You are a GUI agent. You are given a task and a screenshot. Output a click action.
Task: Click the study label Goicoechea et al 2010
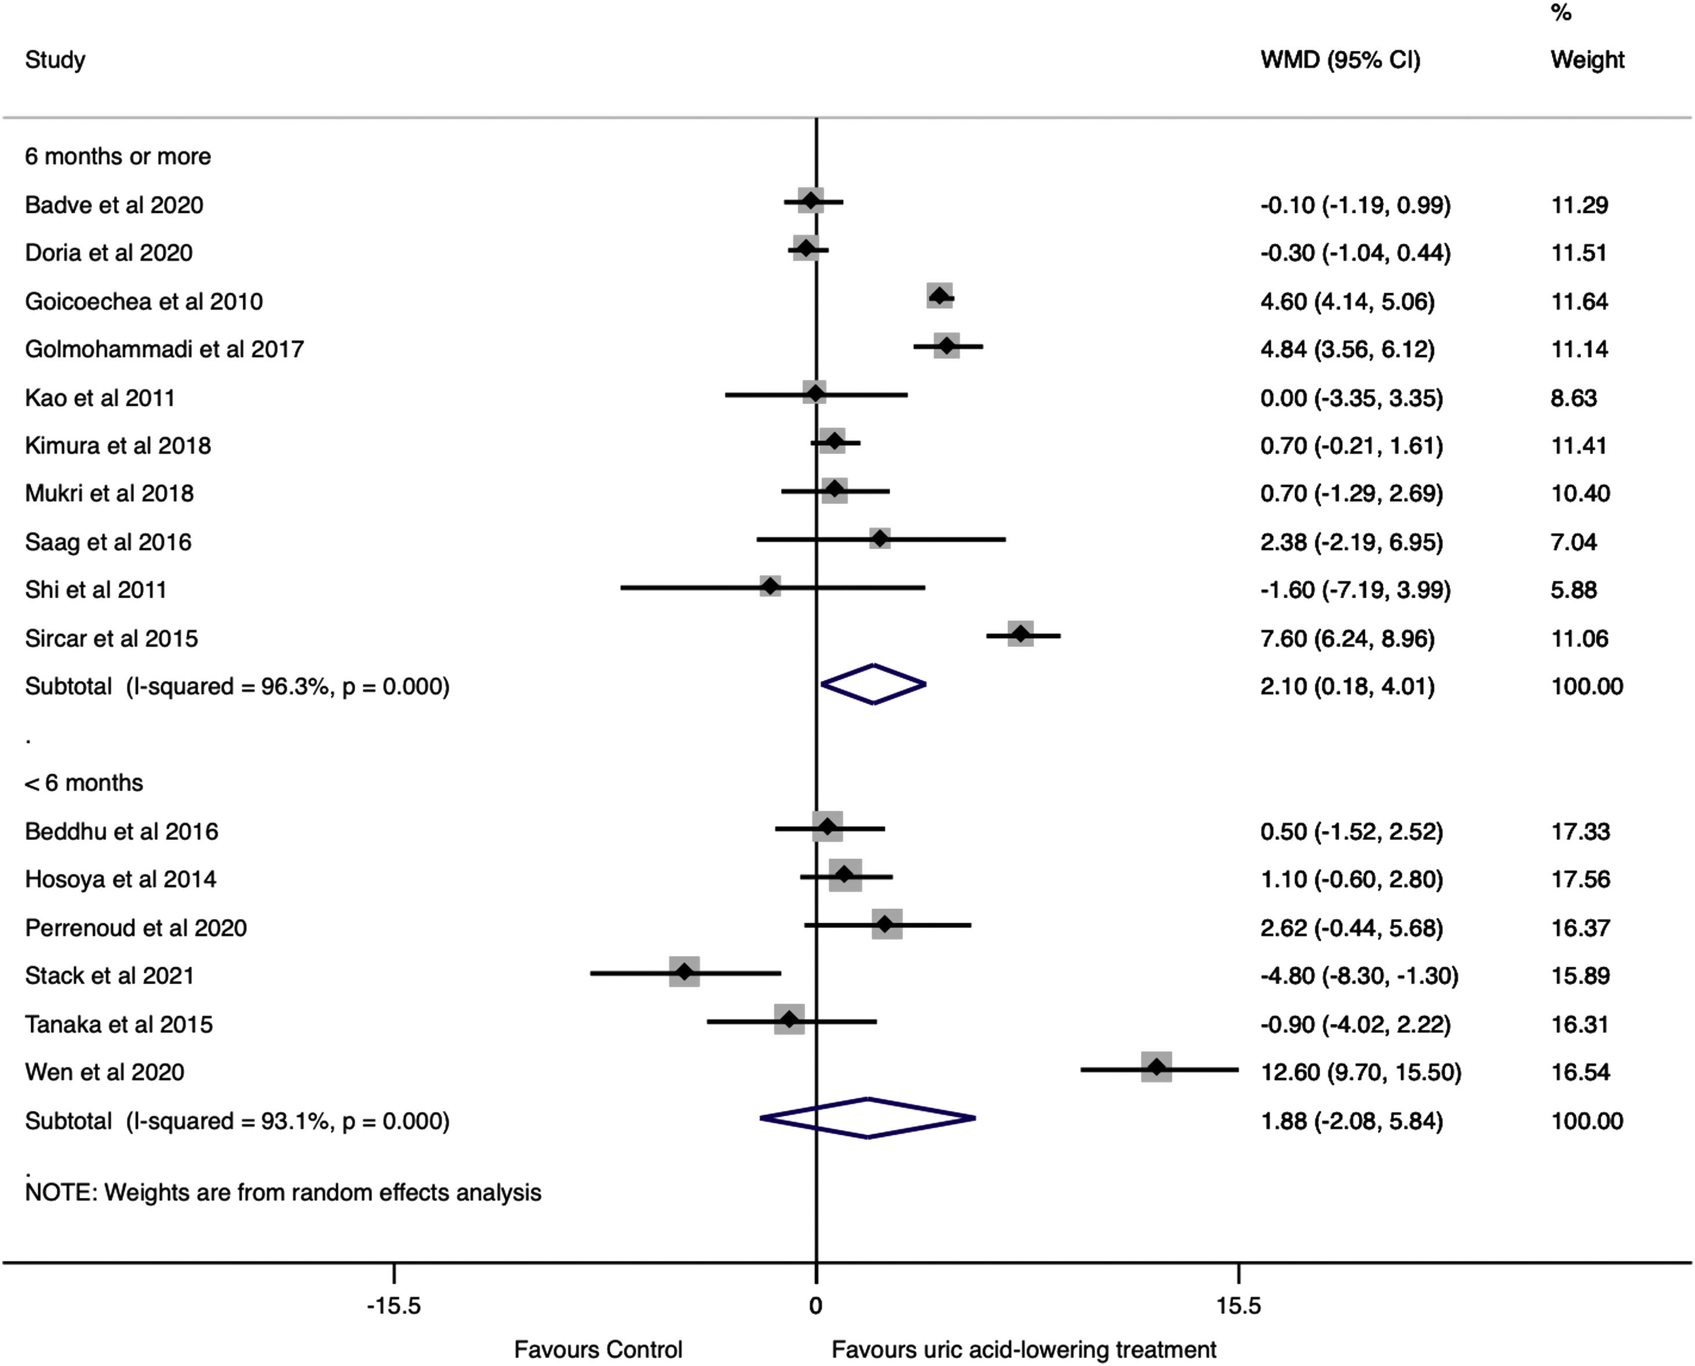tap(144, 301)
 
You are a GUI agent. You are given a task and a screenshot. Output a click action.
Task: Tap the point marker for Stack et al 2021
tap(684, 972)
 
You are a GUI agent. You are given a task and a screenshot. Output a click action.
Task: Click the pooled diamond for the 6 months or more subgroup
tap(873, 684)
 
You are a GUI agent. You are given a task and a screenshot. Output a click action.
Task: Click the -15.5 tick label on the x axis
tap(393, 1307)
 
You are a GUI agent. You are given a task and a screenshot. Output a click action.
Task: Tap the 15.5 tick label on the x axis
tap(1238, 1307)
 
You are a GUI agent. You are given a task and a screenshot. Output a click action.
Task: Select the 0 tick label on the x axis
tap(816, 1307)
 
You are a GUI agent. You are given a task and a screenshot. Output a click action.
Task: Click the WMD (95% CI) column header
tap(1340, 60)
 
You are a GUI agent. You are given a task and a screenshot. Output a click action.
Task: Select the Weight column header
tap(1587, 60)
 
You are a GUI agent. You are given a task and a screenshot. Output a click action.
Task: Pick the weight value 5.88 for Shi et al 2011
tap(1574, 590)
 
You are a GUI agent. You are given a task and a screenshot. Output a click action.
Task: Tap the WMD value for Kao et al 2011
tap(1351, 398)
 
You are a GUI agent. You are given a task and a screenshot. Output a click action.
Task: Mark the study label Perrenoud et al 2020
tap(136, 928)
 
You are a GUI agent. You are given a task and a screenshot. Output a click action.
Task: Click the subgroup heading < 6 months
tap(84, 783)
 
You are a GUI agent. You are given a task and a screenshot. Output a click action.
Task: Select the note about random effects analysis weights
tap(283, 1193)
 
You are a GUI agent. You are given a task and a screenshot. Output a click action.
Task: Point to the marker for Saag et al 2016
tap(880, 539)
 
